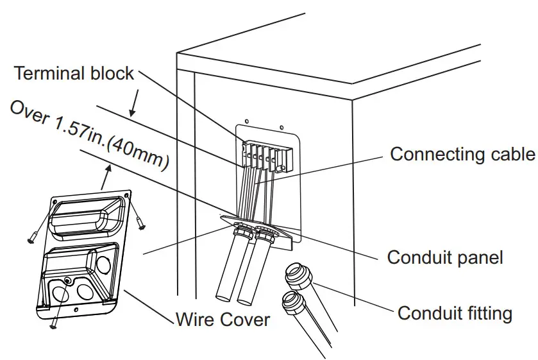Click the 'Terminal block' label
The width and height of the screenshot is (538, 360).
pos(74,73)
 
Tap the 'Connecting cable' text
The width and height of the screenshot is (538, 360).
pos(462,154)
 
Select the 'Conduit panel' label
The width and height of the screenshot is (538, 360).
pos(445,257)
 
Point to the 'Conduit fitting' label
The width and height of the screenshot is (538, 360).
pos(455,313)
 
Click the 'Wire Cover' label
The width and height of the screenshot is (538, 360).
pos(223,318)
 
